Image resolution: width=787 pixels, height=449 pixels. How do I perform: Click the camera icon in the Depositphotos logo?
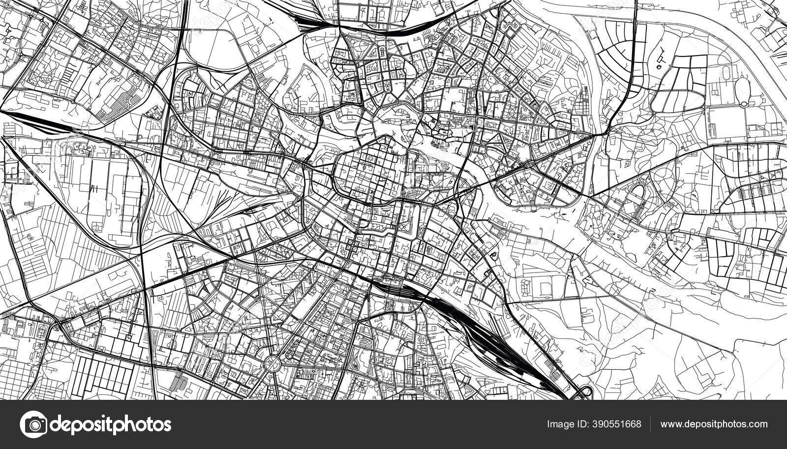click(x=33, y=424)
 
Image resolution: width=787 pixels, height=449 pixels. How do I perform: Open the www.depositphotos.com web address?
click(x=714, y=424)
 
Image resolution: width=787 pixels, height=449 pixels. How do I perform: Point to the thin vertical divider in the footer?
click(x=650, y=424)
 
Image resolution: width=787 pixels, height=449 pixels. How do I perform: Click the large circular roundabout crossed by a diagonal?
click(x=271, y=363)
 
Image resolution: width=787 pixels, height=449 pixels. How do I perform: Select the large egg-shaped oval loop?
click(x=742, y=91)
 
